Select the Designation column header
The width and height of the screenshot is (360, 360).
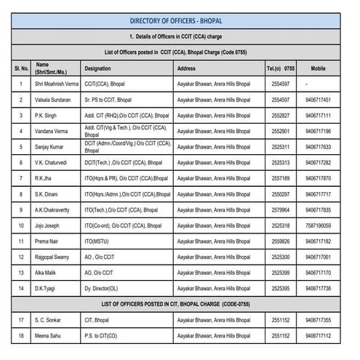[x=97, y=68]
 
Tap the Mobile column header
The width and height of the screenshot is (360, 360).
[x=318, y=68]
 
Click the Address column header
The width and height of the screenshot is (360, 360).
[x=186, y=68]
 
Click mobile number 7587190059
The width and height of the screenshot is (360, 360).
[x=318, y=225]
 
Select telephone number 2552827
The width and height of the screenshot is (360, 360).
[x=281, y=116]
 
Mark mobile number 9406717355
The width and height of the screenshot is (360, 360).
[x=318, y=320]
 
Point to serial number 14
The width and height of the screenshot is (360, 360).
[x=21, y=288]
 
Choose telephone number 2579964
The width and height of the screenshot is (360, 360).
[x=281, y=210]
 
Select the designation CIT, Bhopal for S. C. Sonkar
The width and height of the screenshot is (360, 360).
[x=97, y=320]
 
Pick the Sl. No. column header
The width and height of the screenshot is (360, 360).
[x=21, y=68]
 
